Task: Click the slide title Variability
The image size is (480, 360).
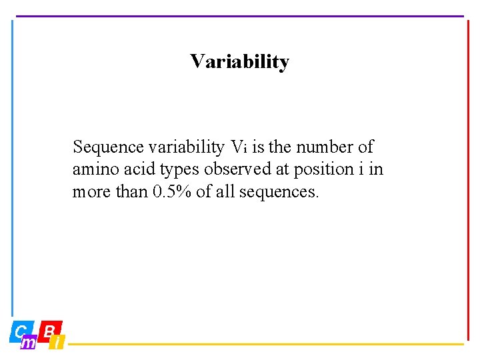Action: pos(239,62)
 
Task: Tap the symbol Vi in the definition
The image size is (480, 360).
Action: pos(239,147)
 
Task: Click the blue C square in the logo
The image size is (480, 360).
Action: pos(19,331)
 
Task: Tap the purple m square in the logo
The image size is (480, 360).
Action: pos(29,343)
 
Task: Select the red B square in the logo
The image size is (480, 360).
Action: pos(49,331)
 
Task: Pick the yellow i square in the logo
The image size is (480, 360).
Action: pos(58,343)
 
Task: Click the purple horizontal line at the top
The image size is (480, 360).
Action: pos(239,16)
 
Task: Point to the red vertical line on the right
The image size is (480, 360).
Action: pos(468,180)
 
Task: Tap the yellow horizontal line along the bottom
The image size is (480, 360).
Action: pos(267,345)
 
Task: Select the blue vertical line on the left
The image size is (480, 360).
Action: pos(12,167)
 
